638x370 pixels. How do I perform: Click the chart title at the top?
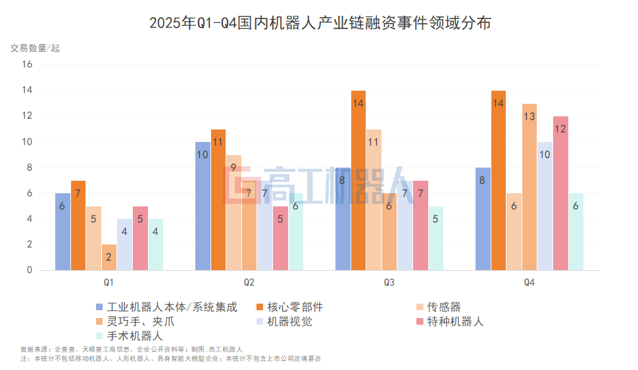(x=320, y=24)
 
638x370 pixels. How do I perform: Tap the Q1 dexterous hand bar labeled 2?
(x=109, y=257)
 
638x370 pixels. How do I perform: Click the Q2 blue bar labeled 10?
(x=203, y=206)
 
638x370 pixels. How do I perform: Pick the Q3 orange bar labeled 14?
(x=358, y=180)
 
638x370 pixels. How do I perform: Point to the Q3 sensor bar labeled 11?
(x=374, y=199)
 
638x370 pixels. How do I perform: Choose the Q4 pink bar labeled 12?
(x=560, y=193)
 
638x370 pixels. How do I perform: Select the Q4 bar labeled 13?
(x=529, y=187)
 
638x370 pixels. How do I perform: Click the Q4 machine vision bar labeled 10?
(x=545, y=206)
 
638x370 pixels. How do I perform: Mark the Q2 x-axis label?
(x=249, y=283)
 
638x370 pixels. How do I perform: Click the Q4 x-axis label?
(x=529, y=283)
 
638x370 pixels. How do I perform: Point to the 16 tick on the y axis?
(x=27, y=64)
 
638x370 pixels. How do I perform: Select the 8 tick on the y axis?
(x=28, y=168)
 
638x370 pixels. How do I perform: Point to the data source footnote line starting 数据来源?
(x=132, y=349)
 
